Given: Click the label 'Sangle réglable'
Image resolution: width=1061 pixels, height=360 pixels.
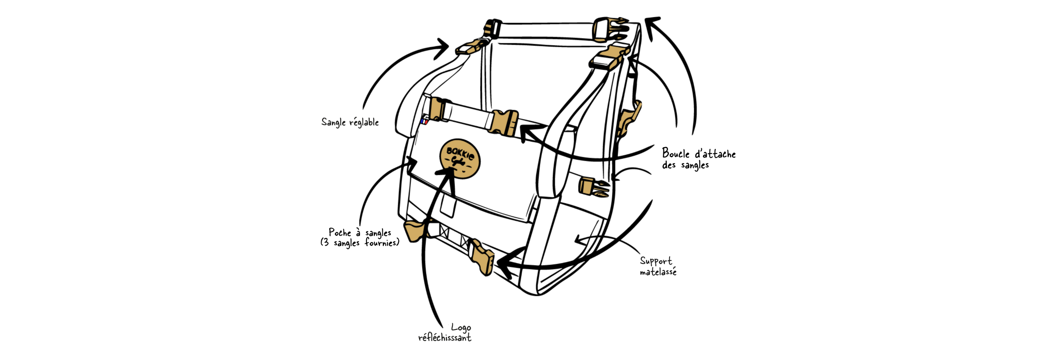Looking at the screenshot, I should (x=350, y=122).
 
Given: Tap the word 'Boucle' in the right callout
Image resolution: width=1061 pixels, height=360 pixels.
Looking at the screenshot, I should (x=676, y=154).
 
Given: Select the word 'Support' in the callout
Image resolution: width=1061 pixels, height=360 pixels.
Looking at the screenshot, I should (x=656, y=261).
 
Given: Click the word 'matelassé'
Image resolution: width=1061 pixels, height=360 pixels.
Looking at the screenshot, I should (x=658, y=272).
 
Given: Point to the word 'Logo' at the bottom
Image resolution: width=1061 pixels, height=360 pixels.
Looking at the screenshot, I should (x=461, y=328).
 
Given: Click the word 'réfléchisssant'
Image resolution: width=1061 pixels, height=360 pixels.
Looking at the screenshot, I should (x=445, y=338).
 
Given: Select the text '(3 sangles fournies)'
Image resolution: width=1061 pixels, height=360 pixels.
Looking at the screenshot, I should (x=360, y=243).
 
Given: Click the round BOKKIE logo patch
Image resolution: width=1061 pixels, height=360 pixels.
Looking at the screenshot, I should (x=460, y=159).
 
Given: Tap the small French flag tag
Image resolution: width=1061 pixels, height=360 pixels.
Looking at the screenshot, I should (x=424, y=121).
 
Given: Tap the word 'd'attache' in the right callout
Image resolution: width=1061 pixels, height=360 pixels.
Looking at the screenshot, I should (x=715, y=154).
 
